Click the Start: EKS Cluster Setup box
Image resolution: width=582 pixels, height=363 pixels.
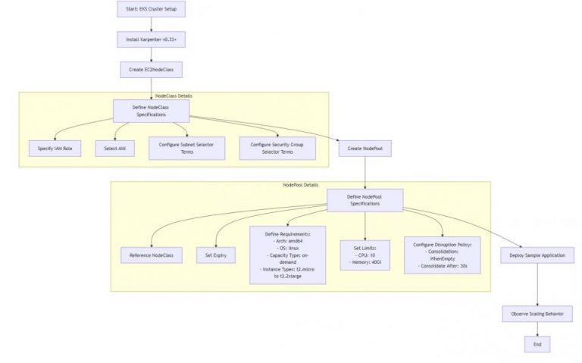pos(150,11)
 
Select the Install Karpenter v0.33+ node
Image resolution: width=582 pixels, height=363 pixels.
pos(150,39)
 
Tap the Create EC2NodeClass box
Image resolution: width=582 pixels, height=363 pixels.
pos(150,69)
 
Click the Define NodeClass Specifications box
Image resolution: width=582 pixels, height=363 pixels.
pos(150,111)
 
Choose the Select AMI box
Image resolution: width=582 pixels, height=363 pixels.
pos(114,149)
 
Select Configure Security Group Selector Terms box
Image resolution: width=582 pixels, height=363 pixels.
pos(276,149)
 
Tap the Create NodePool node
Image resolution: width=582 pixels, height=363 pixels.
pos(365,149)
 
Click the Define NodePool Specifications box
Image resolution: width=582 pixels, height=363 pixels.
pos(365,200)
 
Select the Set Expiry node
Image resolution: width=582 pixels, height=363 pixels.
pos(215,256)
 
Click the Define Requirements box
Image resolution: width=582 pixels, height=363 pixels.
pos(288,255)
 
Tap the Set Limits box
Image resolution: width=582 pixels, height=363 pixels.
pos(365,255)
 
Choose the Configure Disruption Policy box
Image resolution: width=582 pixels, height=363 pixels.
pos(442,255)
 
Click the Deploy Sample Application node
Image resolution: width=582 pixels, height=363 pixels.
pos(537,256)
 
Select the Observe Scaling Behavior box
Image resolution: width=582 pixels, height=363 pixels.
pos(537,314)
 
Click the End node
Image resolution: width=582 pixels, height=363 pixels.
pos(537,343)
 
